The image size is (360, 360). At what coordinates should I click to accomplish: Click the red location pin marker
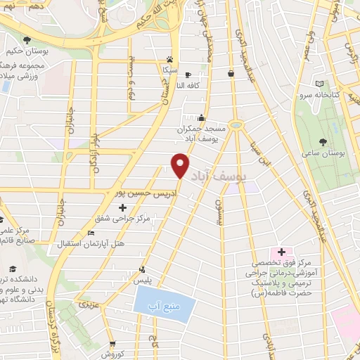181,166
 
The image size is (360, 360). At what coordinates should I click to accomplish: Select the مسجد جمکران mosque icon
202,118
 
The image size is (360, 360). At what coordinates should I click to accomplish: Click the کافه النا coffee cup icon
188,75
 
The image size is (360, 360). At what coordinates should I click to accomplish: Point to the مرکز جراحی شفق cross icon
123,207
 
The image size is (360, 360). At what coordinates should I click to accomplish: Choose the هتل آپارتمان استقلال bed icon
90,233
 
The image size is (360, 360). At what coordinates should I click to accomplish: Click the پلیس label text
144,280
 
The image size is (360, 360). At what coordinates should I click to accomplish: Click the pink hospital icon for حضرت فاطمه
281,252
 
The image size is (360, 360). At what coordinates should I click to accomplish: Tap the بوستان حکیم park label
27,51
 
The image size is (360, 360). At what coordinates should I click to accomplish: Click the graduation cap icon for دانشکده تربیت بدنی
13,269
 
